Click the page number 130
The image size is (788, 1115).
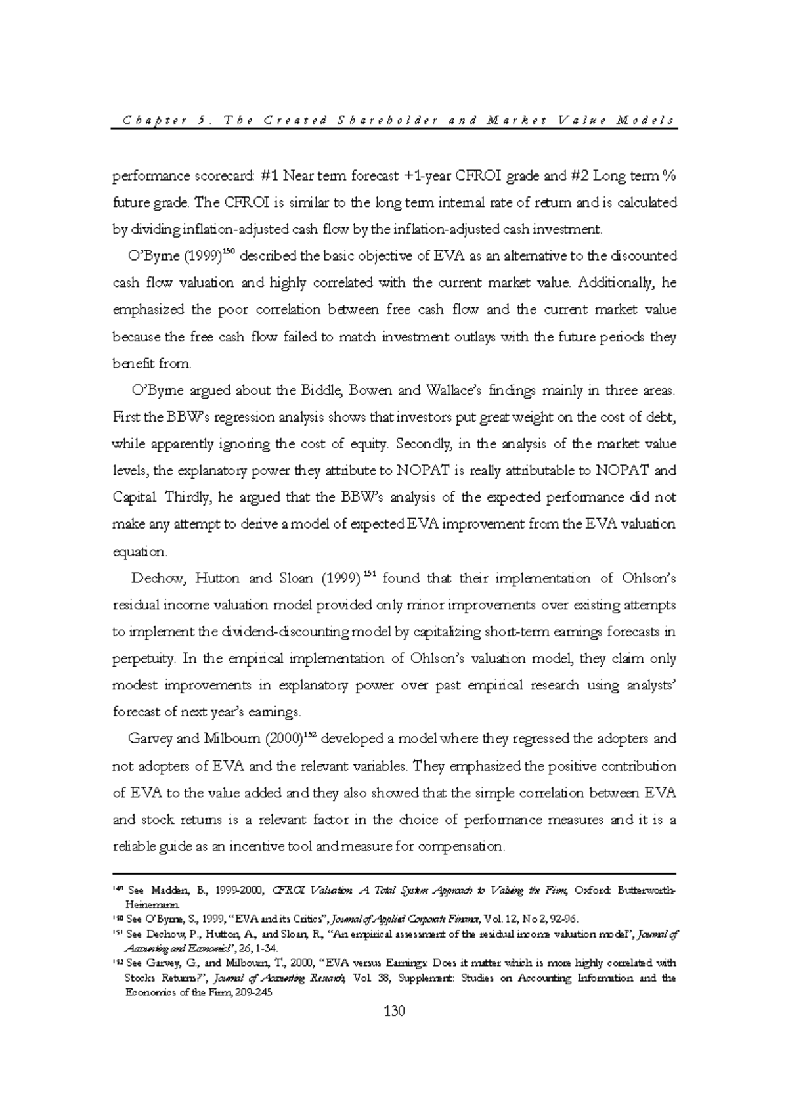pos(394,1011)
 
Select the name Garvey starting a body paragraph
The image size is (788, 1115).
pos(150,739)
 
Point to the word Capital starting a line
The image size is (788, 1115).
pos(135,498)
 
